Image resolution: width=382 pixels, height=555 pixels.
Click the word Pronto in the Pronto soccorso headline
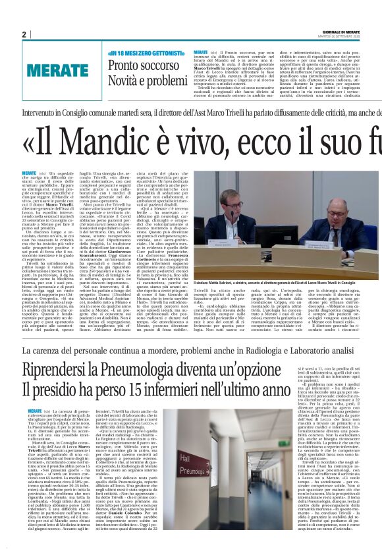(x=122, y=65)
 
